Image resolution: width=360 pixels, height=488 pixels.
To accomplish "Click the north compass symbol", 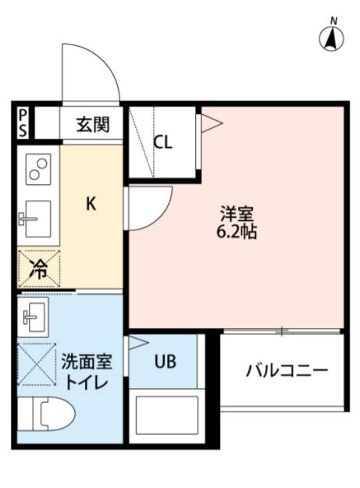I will click(x=333, y=36).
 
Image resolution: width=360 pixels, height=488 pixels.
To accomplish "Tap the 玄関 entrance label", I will click(x=92, y=123).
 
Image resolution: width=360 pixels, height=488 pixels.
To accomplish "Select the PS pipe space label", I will click(x=23, y=123).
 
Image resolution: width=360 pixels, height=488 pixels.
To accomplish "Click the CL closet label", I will click(x=162, y=142).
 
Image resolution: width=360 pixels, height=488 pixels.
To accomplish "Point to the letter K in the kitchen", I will click(x=91, y=205).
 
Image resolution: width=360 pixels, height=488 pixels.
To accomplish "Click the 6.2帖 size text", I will click(x=238, y=232).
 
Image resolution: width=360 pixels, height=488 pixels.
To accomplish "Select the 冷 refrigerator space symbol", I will click(x=38, y=268).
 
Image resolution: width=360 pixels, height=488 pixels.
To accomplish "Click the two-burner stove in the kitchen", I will click(x=38, y=169).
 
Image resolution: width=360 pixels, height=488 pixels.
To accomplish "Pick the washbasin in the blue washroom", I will click(x=35, y=315).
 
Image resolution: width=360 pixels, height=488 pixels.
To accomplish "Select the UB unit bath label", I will click(x=165, y=362).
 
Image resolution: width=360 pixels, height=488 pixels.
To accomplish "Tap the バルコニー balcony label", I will click(x=287, y=369).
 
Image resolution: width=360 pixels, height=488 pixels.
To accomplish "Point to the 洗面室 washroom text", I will click(x=87, y=362).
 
